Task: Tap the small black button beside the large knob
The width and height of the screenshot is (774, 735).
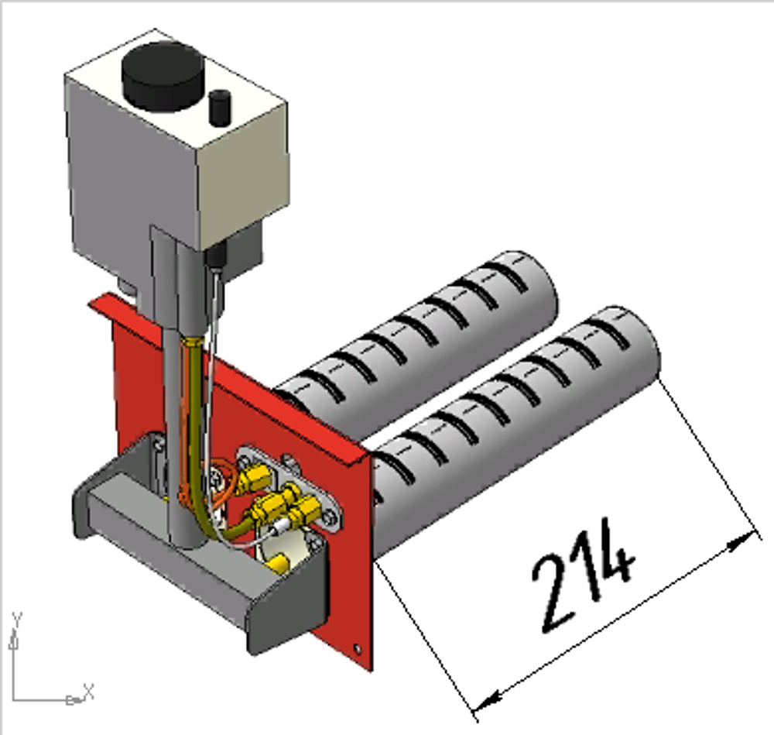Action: pyautogui.click(x=220, y=107)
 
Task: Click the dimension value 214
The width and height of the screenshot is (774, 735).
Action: pyautogui.click(x=584, y=575)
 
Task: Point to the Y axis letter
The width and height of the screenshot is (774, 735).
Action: pyautogui.click(x=17, y=620)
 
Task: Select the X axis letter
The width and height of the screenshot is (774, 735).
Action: pyautogui.click(x=88, y=691)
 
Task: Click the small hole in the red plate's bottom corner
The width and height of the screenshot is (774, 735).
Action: pyautogui.click(x=358, y=648)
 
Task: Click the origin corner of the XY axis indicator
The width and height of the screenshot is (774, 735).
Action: pyautogui.click(x=13, y=699)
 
